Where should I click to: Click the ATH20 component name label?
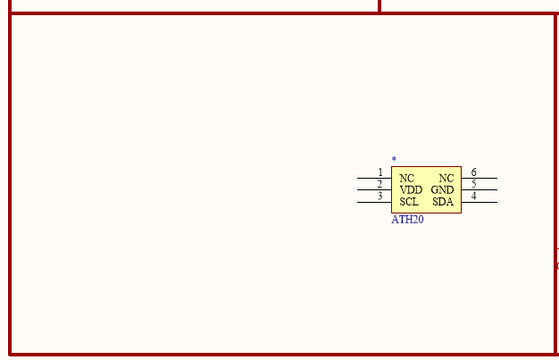pos(407,220)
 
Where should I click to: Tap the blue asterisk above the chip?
pos(394,159)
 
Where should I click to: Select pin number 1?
pos(380,172)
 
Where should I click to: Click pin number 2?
pos(380,184)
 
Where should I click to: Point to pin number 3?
pos(380,196)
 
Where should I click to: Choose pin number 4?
pos(474,196)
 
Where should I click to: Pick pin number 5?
pos(474,184)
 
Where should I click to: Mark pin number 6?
pos(474,172)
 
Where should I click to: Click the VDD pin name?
pos(411,189)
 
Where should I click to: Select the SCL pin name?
pos(409,202)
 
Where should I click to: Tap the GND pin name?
pos(442,189)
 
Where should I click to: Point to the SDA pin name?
pos(443,202)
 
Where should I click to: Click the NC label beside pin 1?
pos(407,178)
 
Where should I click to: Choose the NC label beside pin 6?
pos(446,178)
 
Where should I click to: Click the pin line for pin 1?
pos(374,178)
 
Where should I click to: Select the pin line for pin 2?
pos(374,189)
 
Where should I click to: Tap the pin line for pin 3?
pos(374,202)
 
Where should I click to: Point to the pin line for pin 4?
pos(480,202)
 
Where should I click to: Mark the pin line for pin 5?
pos(480,189)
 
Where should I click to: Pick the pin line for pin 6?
pos(480,178)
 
